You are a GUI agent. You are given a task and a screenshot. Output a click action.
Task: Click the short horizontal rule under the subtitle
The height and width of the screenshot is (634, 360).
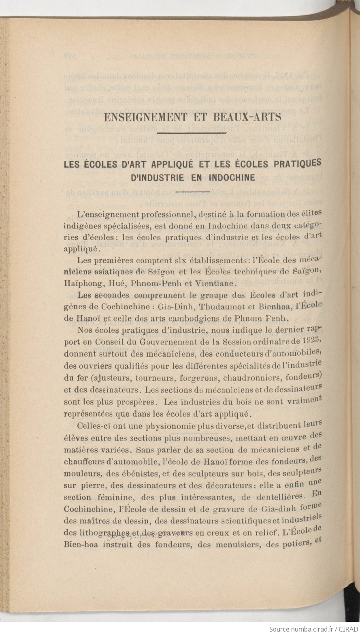[x=193, y=191]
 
